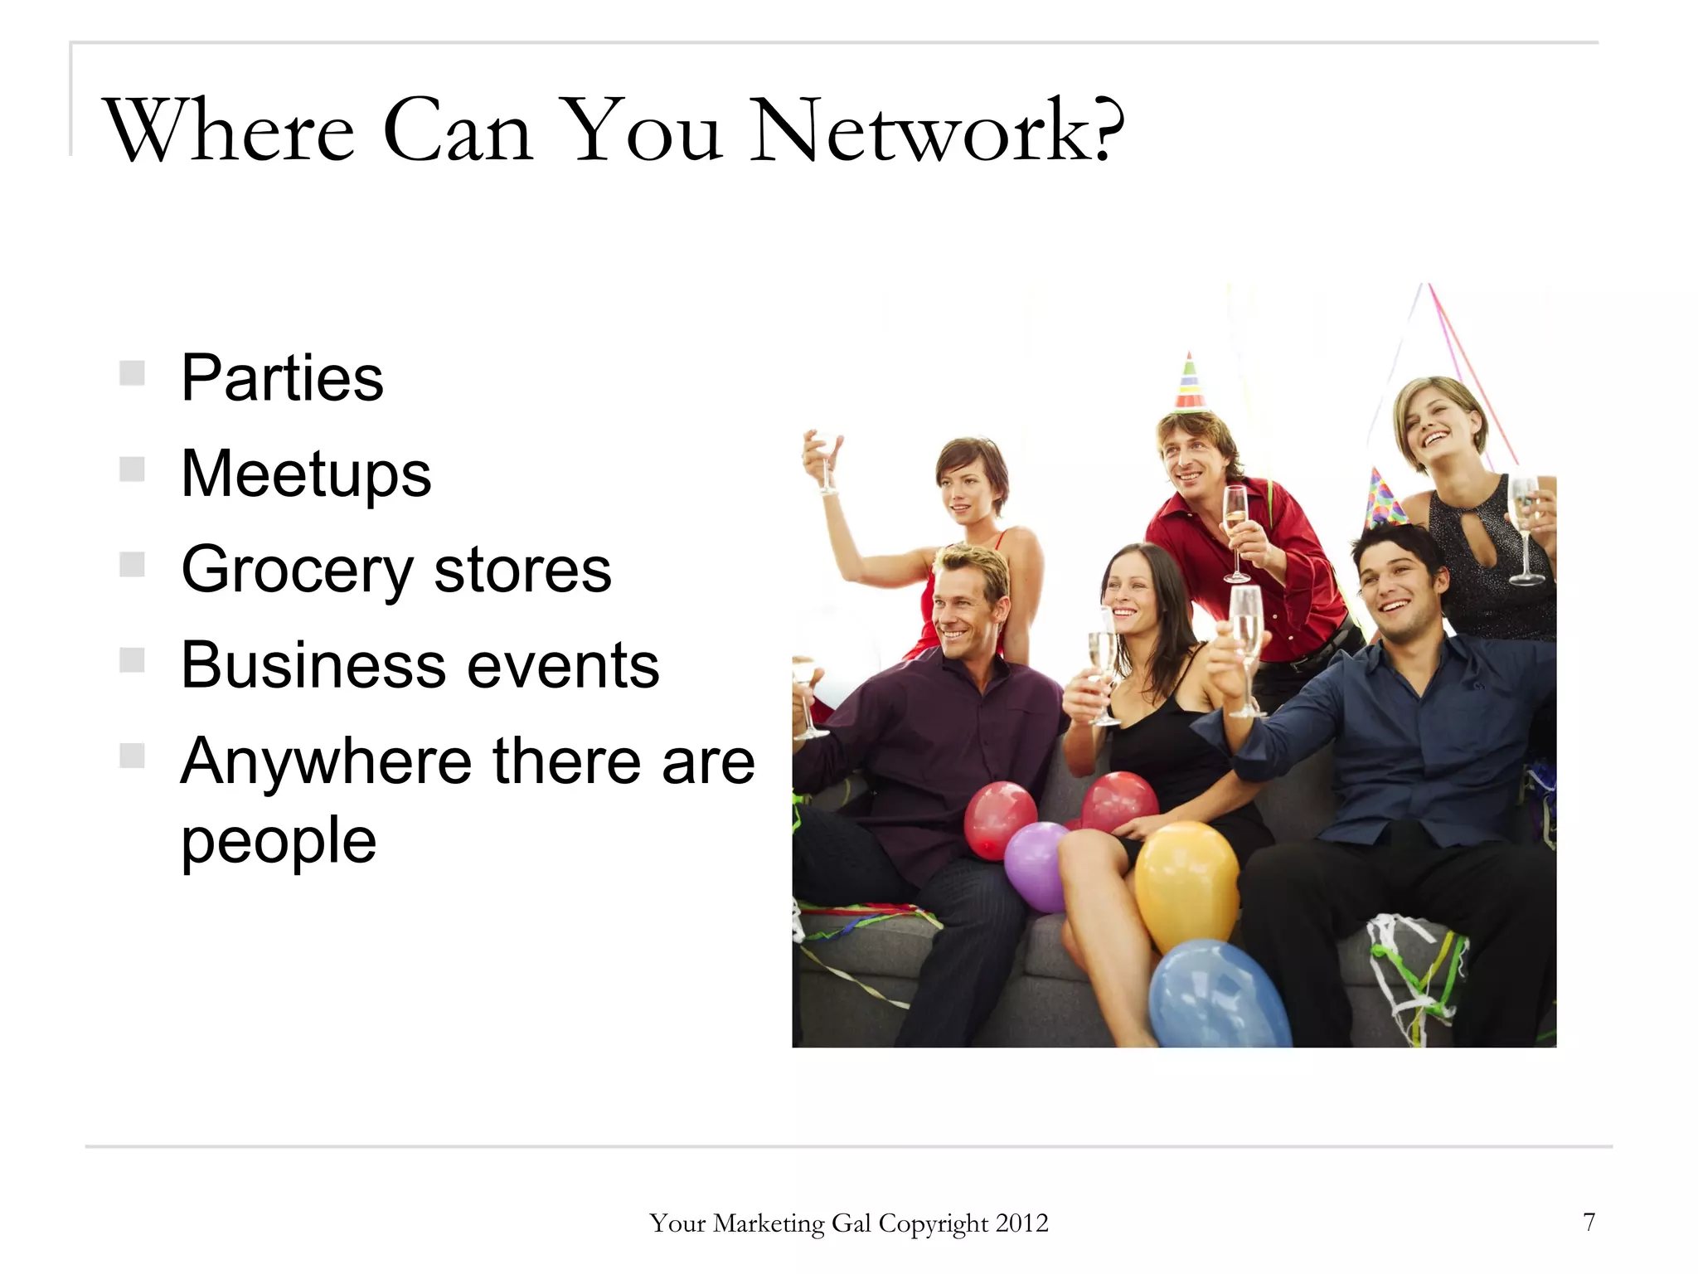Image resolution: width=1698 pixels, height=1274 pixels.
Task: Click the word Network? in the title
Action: [x=937, y=130]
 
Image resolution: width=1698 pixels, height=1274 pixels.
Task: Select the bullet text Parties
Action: [x=282, y=378]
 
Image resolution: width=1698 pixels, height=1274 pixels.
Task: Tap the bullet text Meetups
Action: [x=306, y=474]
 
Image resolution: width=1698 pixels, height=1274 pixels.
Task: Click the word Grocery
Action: [x=296, y=571]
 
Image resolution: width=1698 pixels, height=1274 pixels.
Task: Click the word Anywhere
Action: [x=326, y=761]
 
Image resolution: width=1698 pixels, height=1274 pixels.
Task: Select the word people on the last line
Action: [x=279, y=841]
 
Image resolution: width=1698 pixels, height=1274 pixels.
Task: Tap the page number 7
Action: [x=1589, y=1222]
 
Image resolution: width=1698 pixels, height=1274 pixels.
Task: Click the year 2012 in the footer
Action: [x=1021, y=1223]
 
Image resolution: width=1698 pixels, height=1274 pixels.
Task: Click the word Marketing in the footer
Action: [x=769, y=1223]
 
